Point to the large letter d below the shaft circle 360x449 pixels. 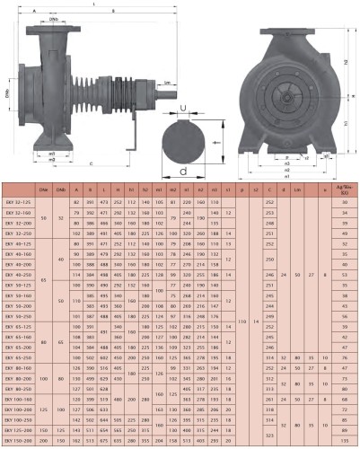[x=183, y=168]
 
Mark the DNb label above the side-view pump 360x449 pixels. [x=54, y=17]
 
